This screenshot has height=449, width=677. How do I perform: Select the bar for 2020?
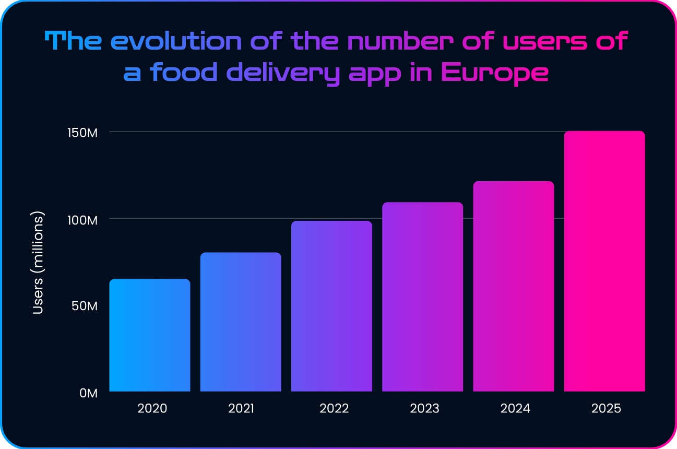tap(149, 335)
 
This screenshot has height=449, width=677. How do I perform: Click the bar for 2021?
tap(241, 322)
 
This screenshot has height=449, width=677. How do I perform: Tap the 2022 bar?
tap(331, 306)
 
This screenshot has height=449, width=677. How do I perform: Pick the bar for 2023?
tap(422, 297)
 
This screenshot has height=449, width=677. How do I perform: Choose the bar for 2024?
tap(514, 286)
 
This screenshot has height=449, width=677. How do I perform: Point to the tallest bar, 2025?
tap(604, 261)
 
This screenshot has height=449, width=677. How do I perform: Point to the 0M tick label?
tap(88, 393)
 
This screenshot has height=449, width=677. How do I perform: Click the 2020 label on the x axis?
tap(152, 408)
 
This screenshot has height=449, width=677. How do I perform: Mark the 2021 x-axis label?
tap(241, 408)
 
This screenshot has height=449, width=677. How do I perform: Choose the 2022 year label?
tap(334, 408)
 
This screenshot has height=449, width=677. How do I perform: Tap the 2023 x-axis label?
tap(424, 408)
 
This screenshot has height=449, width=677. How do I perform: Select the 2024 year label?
tap(515, 408)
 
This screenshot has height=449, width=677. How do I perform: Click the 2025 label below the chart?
tap(606, 408)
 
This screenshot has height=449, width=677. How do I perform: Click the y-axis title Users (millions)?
tap(38, 263)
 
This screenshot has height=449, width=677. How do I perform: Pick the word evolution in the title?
tap(177, 41)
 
